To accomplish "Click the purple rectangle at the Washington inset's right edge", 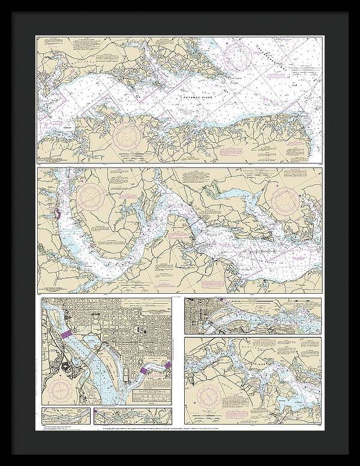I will pyautogui.click(x=167, y=365).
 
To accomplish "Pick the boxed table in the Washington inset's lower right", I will pyautogui.click(x=150, y=394).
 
